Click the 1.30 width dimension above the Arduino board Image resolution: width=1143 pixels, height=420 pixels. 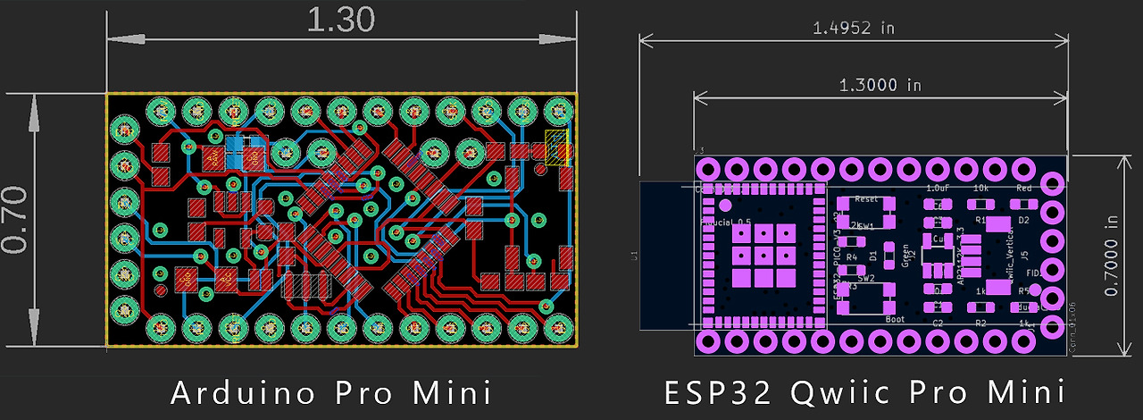pyautogui.click(x=339, y=20)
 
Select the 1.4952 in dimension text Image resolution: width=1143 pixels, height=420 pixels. pyautogui.click(x=853, y=28)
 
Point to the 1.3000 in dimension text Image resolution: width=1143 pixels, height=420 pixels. pyautogui.click(x=880, y=85)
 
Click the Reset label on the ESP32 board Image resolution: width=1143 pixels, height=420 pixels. pyautogui.click(x=866, y=199)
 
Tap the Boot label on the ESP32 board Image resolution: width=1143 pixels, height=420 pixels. pyautogui.click(x=895, y=319)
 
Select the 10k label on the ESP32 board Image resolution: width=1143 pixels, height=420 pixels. pyautogui.click(x=980, y=189)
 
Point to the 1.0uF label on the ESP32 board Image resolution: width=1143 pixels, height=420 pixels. pyautogui.click(x=938, y=189)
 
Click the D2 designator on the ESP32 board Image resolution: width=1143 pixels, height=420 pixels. pyautogui.click(x=1024, y=219)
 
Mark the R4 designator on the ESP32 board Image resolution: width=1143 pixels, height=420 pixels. pyautogui.click(x=851, y=257)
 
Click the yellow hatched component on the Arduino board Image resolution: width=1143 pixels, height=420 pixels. pyautogui.click(x=556, y=147)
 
